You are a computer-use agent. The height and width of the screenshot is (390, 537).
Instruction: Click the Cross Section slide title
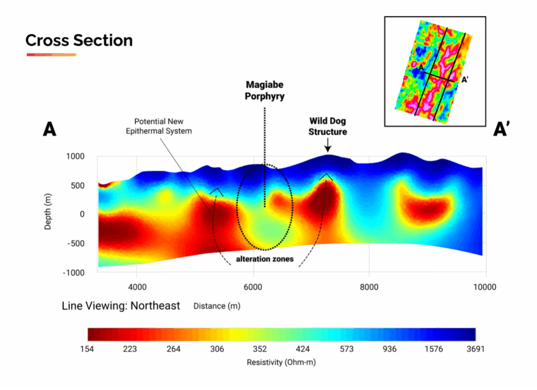pyautogui.click(x=79, y=40)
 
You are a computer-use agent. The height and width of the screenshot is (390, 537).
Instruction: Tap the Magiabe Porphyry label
pyautogui.click(x=265, y=91)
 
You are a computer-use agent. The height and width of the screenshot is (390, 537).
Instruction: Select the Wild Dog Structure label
pyautogui.click(x=328, y=127)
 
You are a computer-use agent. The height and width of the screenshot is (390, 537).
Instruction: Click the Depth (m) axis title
pyautogui.click(x=48, y=214)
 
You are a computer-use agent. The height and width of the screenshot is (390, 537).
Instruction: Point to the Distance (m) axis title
pyautogui.click(x=217, y=306)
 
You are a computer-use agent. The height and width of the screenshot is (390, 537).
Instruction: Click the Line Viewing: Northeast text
pyautogui.click(x=121, y=306)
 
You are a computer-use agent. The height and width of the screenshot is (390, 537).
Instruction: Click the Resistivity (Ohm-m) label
pyautogui.click(x=281, y=362)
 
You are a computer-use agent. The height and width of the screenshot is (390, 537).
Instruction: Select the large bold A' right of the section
pyautogui.click(x=502, y=130)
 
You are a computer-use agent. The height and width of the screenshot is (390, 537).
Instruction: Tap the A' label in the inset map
pyautogui.click(x=465, y=80)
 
